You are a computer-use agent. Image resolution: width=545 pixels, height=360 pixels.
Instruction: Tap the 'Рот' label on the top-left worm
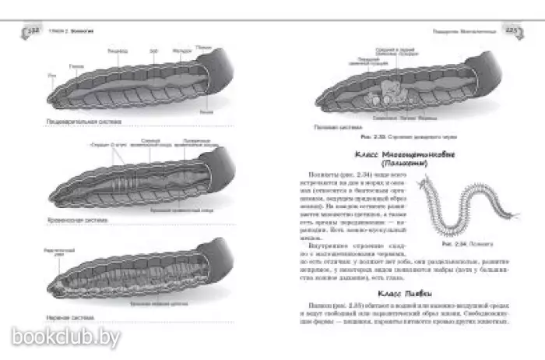(51, 74)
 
